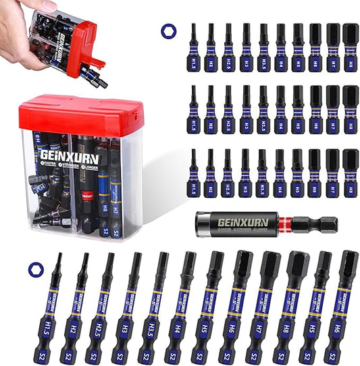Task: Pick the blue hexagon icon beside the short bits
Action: click(x=167, y=30)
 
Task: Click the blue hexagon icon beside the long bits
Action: click(x=33, y=269)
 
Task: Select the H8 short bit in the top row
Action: click(x=351, y=47)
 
